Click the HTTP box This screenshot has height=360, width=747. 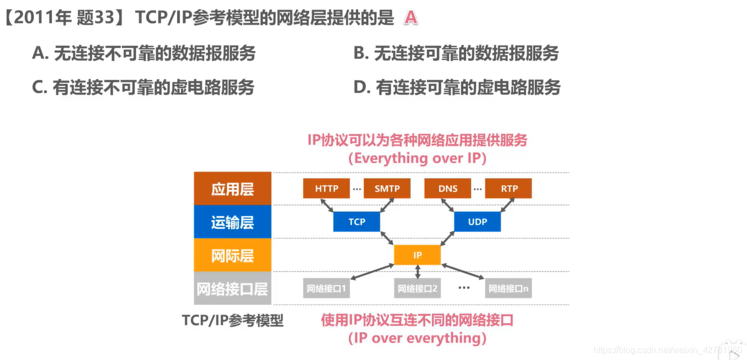click(x=326, y=188)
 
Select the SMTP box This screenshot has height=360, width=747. click(x=387, y=188)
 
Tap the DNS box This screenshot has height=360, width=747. click(x=448, y=188)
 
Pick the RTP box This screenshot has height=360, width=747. click(x=508, y=188)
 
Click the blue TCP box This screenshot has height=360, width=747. click(x=356, y=222)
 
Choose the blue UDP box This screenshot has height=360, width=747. click(x=477, y=222)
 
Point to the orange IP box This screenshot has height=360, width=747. click(x=417, y=255)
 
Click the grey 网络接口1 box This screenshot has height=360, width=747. click(x=326, y=288)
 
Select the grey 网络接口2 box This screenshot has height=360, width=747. click(x=417, y=288)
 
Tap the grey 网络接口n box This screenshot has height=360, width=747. click(x=508, y=288)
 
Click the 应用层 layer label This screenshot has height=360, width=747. click(x=232, y=189)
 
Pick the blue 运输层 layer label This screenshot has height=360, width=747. click(x=232, y=222)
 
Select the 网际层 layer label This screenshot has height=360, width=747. click(x=232, y=256)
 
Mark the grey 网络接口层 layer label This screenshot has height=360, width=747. click(x=232, y=288)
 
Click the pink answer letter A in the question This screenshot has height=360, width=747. click(x=410, y=18)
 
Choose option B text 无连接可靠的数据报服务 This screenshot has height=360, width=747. click(x=456, y=54)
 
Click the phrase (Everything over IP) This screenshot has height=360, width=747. click(x=417, y=158)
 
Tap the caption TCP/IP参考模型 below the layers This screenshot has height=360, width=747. click(x=233, y=320)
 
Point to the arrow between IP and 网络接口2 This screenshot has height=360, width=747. click(x=417, y=272)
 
